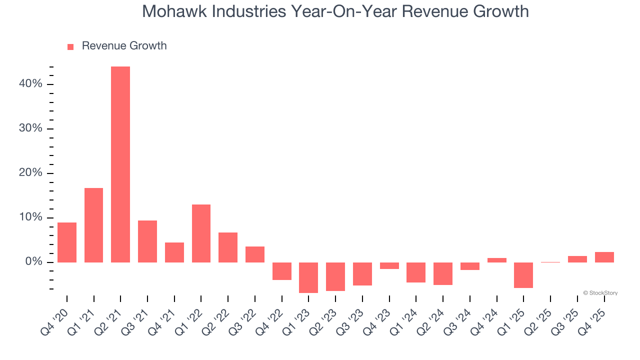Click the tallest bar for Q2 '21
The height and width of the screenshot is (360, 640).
point(120,164)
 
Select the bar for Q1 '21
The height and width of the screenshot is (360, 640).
point(93,225)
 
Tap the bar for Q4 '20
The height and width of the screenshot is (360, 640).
point(67,242)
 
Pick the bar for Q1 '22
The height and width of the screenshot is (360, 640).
point(201,233)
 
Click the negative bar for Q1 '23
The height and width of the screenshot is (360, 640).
point(308,277)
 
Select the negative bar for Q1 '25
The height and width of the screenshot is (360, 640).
point(523,275)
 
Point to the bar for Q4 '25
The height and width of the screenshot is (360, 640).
point(604,257)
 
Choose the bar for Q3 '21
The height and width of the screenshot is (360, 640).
point(147,241)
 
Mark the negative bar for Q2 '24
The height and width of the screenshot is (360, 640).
point(443,273)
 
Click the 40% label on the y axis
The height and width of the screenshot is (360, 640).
point(30,84)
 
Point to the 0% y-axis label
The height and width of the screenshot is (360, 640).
point(33,262)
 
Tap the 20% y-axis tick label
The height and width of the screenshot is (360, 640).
point(30,173)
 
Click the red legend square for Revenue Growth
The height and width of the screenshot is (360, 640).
point(70,46)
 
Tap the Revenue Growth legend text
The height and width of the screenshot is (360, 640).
point(124,46)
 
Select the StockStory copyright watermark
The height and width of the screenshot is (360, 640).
point(600,293)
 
